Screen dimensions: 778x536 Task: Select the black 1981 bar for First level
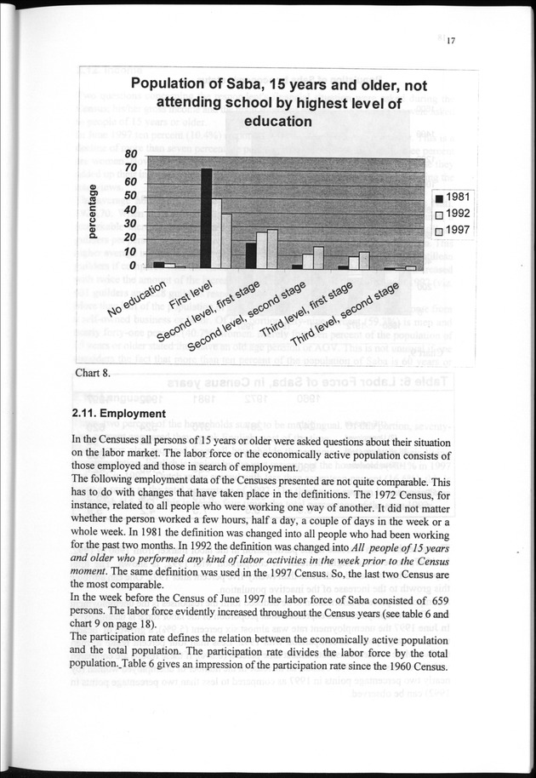pos(205,219)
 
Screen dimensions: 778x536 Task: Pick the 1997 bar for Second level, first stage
pos(272,249)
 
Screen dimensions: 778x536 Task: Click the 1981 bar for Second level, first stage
pos(251,256)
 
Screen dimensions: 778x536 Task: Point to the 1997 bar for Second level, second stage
pos(318,258)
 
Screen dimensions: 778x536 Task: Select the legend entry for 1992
pos(453,214)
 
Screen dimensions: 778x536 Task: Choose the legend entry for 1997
pos(453,231)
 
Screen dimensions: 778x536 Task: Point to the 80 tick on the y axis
pos(131,154)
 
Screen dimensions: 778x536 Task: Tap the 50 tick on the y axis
pos(131,196)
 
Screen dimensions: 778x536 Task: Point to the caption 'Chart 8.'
pos(92,372)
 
